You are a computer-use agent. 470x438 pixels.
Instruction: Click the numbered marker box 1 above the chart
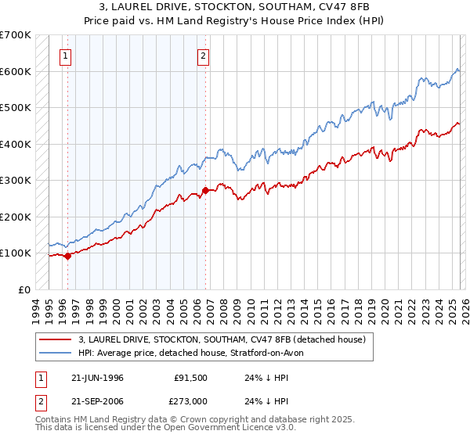coord(64,56)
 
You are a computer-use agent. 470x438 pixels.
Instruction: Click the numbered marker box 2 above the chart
coord(203,56)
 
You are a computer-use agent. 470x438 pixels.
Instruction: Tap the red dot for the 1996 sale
coord(68,255)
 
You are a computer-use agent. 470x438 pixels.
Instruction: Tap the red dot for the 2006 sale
coord(205,189)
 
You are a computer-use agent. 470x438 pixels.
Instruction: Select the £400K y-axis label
coord(16,144)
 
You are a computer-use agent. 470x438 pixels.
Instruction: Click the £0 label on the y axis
coord(23,289)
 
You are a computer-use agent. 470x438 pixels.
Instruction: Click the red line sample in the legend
coord(56,339)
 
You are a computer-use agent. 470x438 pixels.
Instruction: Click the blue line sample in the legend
coord(56,353)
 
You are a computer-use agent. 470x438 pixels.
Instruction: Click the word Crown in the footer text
coord(193,420)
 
